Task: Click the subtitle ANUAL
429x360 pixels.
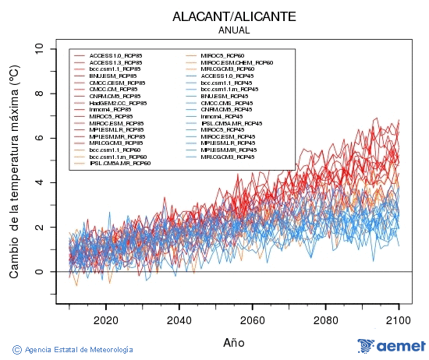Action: click(x=234, y=30)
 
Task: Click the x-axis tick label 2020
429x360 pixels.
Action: click(x=105, y=319)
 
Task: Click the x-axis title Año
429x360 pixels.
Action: click(x=234, y=342)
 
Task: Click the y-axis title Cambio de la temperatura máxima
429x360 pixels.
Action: click(x=13, y=171)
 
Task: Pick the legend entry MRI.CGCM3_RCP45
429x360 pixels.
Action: click(x=226, y=157)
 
